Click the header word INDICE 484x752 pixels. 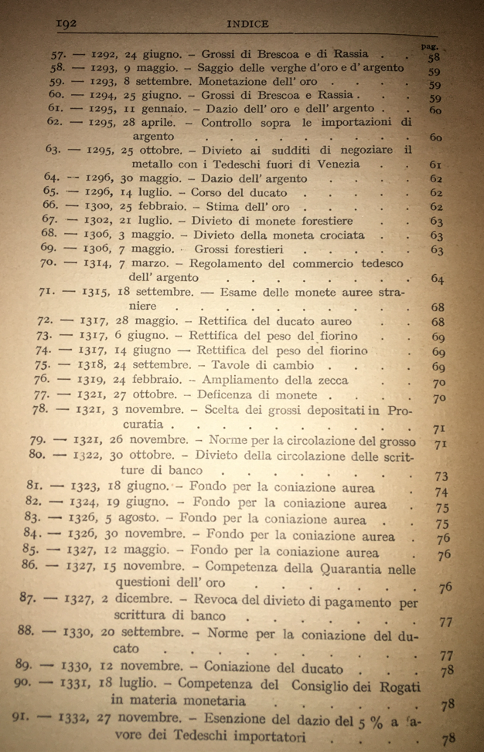[247, 23]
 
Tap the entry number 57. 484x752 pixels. [58, 55]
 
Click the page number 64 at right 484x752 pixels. [437, 279]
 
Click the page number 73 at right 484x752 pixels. [442, 476]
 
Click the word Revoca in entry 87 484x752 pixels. [239, 601]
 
